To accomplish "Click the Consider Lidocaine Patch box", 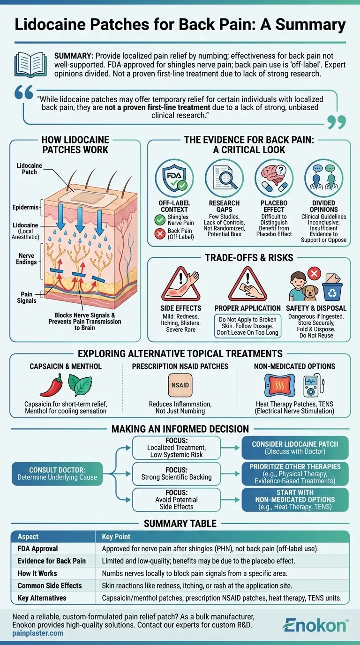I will tap(295, 448).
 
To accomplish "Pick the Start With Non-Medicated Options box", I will tap(295, 499).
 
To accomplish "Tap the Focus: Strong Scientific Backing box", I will tap(177, 473).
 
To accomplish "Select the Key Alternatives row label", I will tap(42, 598).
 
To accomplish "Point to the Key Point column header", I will tap(116, 537).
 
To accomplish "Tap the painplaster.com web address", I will tap(38, 633).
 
